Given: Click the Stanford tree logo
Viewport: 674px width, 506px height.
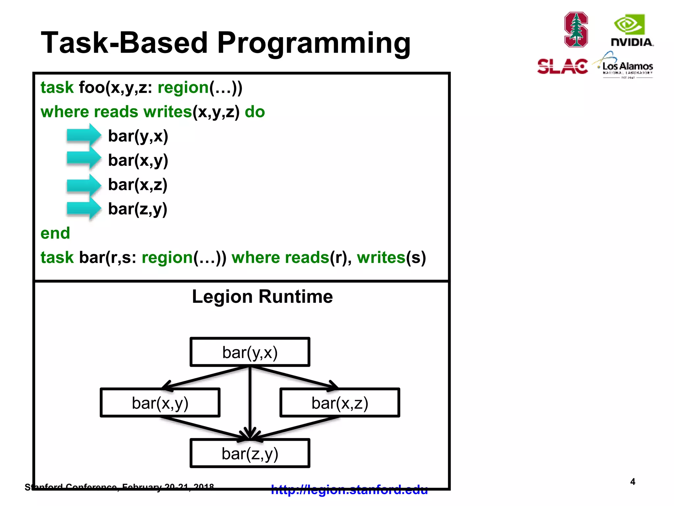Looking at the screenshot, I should tap(576, 30).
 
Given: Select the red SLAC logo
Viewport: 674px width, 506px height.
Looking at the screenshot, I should tap(562, 67).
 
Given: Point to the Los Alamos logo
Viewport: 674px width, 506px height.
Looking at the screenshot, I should tap(625, 66).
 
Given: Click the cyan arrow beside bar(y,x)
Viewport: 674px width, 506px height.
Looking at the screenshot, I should tap(84, 135).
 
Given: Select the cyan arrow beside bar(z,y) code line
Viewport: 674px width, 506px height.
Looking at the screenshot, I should tap(84, 209).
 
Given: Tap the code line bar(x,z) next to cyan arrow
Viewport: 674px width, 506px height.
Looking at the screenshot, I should tap(138, 184).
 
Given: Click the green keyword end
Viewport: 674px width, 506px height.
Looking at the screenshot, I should tap(55, 233).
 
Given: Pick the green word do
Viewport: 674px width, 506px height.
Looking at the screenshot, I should tap(255, 112).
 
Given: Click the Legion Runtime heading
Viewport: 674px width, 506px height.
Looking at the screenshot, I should tap(262, 296).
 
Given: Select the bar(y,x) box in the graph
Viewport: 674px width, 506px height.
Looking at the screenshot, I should tap(250, 352).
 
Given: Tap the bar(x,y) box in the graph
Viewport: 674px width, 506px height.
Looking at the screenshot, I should tap(160, 403).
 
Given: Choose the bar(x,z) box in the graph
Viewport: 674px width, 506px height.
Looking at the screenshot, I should tap(340, 403).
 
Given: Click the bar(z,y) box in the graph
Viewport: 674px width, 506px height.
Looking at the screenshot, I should tap(250, 454).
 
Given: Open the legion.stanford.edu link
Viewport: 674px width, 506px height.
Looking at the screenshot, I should tap(349, 490).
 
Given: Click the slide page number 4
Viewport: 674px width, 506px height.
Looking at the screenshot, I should tap(633, 482).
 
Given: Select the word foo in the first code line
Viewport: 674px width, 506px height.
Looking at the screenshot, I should tap(91, 88).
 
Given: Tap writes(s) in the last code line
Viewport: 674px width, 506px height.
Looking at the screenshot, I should tap(391, 257).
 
